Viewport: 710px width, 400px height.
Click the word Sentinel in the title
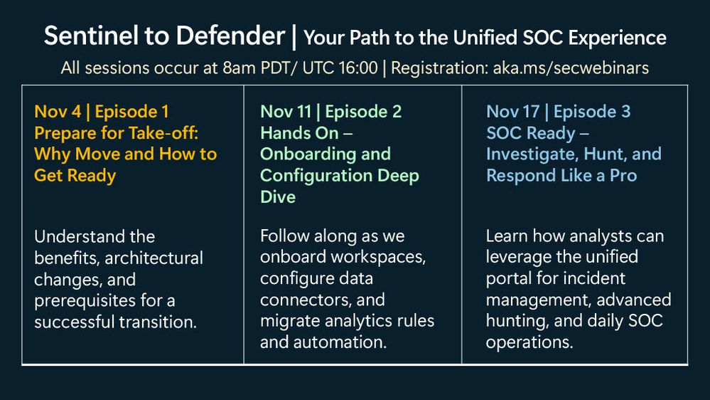(90, 36)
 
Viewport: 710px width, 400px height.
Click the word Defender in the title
(230, 36)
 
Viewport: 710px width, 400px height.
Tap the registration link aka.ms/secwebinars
(571, 68)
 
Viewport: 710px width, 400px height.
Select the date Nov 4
(58, 112)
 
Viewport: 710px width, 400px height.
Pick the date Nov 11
(286, 112)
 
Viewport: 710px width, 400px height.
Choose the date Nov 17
(512, 112)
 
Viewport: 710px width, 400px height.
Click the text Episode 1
(131, 112)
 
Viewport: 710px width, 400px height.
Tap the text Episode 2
(363, 112)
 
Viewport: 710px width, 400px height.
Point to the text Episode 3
(592, 112)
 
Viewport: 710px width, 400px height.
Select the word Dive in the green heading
(278, 197)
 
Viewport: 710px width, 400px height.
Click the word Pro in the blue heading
(623, 176)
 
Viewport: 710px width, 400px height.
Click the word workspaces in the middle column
(378, 257)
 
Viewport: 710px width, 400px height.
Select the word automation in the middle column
(340, 342)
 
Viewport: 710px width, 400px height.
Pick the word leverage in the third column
(518, 257)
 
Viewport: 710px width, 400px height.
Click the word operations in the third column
(529, 342)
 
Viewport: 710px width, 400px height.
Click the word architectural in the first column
(154, 258)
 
